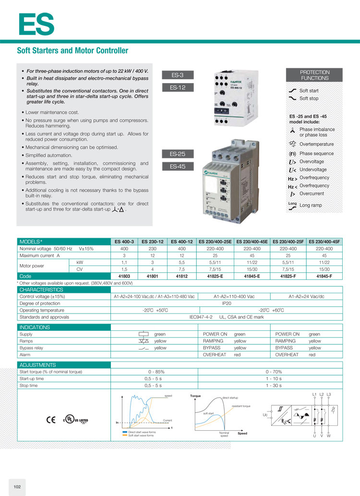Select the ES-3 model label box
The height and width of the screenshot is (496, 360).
coord(177,75)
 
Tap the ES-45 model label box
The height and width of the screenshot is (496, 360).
coord(177,167)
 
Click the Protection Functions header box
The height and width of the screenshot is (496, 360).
coord(315,75)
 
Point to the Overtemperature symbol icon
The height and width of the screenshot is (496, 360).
coord(292,144)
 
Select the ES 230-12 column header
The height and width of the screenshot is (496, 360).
coord(153,242)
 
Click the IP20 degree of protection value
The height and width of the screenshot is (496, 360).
coord(227,303)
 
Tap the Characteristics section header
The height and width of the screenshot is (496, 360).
coord(41,290)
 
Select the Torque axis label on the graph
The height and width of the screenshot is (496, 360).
coord(195,396)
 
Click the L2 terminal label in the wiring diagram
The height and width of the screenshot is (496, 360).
coord(322,394)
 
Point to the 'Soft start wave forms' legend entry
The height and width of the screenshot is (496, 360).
coord(142,436)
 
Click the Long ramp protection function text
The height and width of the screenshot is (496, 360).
coord(311,206)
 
